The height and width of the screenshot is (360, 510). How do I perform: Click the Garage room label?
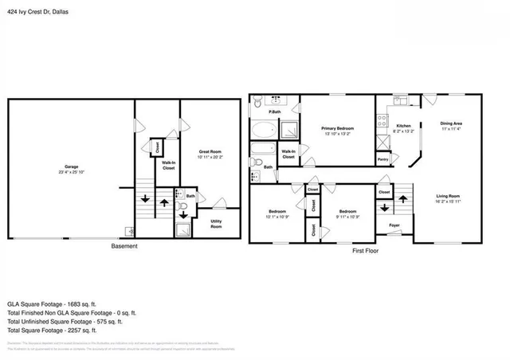click(70, 166)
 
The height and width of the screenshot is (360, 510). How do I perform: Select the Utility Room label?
click(216, 225)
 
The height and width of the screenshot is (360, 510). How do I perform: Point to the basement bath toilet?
click(183, 213)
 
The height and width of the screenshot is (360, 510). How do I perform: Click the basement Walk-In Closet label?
click(169, 166)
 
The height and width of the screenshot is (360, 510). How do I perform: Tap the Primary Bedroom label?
click(338, 127)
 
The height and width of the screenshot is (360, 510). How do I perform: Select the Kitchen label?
click(404, 125)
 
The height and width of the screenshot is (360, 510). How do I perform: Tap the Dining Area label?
click(452, 123)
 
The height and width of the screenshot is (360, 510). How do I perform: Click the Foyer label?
click(394, 225)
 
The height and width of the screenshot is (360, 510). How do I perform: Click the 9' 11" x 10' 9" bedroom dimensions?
click(347, 217)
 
